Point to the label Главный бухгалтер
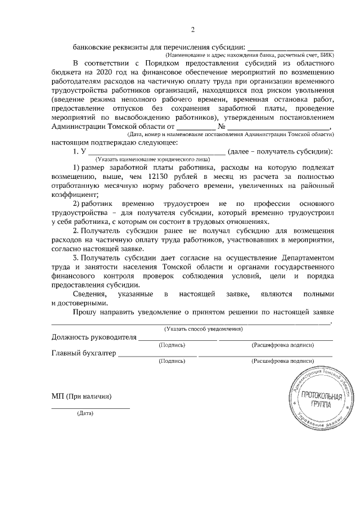(84, 353)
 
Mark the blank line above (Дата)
(91, 407)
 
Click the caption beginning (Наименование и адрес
(250, 56)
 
